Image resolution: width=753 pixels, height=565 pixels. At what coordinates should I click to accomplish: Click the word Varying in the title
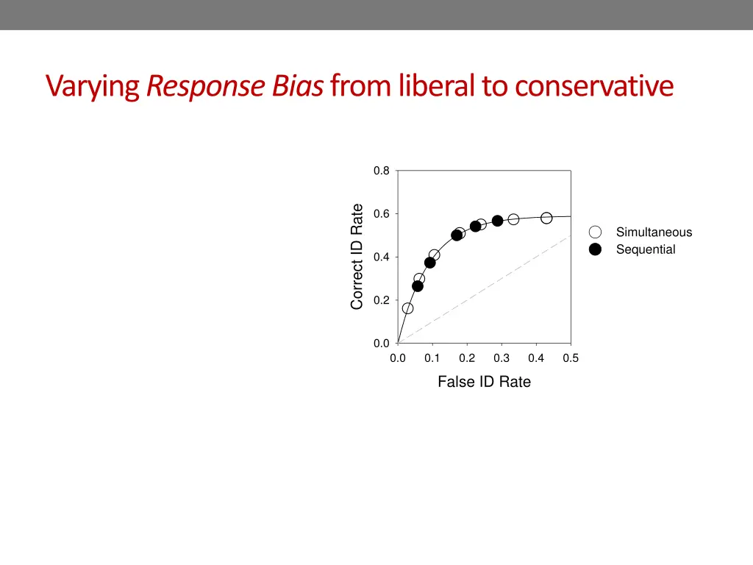coord(93,87)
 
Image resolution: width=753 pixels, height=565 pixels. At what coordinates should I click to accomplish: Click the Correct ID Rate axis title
coord(357,257)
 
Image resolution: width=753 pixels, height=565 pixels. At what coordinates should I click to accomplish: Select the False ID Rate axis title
coord(484,382)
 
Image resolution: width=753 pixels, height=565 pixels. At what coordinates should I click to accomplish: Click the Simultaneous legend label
coord(654,232)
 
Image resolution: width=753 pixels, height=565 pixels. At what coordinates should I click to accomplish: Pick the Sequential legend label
coord(646,249)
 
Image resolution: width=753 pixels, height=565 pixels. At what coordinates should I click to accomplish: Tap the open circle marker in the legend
coord(596,232)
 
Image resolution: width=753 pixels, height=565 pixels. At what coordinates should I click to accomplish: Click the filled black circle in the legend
coord(596,249)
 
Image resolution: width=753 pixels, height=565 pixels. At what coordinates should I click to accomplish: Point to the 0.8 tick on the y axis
coord(381,171)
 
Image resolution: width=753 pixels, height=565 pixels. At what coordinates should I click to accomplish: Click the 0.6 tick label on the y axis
coord(381,214)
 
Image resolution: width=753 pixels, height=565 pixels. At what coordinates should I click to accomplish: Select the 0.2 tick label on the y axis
coord(381,300)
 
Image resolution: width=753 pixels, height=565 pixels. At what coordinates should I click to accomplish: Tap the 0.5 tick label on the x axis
coord(571,358)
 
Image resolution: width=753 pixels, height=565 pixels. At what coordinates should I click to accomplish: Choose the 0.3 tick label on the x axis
coord(502,358)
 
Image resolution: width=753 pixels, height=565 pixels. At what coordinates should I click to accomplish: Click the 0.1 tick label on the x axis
coord(432,358)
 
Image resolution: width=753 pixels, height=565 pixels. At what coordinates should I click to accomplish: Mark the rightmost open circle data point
coord(546,218)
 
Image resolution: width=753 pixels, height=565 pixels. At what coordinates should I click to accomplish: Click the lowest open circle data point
coord(407,308)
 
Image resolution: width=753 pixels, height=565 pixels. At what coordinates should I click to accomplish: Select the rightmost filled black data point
coord(497,221)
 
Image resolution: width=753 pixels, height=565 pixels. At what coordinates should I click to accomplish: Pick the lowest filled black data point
coord(418,286)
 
